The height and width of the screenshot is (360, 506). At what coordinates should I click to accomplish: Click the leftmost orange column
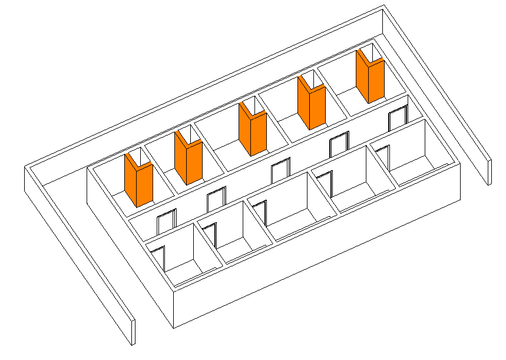point(138,180)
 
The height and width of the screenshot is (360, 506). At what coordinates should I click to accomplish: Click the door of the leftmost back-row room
point(166,222)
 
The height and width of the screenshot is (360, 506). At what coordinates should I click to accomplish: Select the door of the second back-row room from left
point(216,199)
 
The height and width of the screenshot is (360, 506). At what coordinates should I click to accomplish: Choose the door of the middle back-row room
point(280,171)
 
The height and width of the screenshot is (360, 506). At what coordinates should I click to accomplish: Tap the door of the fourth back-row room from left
point(339,145)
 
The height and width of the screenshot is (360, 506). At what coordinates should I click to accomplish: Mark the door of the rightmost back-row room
point(398,118)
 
